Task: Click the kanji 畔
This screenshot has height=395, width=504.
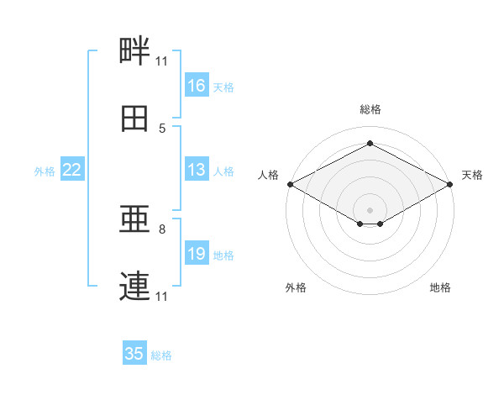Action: tap(135, 51)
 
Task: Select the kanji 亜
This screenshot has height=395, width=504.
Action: tap(135, 221)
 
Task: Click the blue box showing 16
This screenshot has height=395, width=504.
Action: tap(197, 86)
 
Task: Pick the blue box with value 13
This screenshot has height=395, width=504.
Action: tap(197, 171)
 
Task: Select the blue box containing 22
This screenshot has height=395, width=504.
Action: tap(72, 171)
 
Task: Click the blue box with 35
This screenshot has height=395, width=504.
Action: tap(134, 354)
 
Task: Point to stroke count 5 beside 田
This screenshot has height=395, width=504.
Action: tap(162, 129)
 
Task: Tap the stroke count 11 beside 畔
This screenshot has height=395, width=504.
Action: tap(162, 61)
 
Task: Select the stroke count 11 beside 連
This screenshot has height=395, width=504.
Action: tap(162, 297)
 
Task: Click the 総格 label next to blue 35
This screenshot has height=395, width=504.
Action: tap(161, 355)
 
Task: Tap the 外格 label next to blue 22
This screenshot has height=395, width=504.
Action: tap(45, 171)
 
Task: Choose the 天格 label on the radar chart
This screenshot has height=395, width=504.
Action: tap(473, 175)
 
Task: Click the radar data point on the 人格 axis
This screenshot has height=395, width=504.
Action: tap(290, 184)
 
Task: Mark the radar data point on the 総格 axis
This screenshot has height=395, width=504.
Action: tap(370, 144)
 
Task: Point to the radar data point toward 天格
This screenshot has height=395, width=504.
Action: tap(450, 184)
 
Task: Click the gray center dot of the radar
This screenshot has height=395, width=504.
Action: tap(370, 208)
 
